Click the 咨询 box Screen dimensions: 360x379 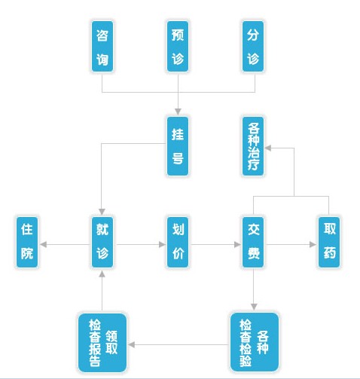point(102,47)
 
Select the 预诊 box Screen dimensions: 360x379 point(178,47)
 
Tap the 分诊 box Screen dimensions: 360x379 point(253,47)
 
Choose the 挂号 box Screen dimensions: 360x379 point(178,146)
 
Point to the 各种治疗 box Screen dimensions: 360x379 point(253,146)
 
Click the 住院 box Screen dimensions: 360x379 point(27,242)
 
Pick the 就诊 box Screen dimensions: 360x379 point(102,242)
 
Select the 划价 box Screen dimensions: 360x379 point(178,242)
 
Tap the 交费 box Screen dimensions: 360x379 point(253,242)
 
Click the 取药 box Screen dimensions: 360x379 point(329,242)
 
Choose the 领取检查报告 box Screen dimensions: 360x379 point(102,342)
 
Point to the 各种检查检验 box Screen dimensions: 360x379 point(255,342)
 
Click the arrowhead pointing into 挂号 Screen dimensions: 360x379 point(178,112)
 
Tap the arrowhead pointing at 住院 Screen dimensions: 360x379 point(43,244)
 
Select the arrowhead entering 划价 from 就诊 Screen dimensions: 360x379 point(162,244)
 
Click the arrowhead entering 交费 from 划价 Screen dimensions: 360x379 point(237,244)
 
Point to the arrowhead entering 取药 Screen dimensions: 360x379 point(313,244)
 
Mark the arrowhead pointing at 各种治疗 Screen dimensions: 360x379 point(268,148)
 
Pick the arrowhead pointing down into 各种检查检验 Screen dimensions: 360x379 point(254,307)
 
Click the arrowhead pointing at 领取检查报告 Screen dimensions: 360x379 point(132,344)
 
